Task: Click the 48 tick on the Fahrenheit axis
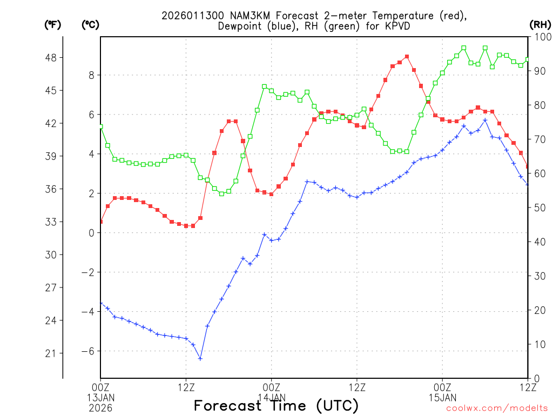pyautogui.click(x=55, y=57)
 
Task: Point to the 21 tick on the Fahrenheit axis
pyautogui.click(x=55, y=353)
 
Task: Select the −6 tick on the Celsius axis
pyautogui.click(x=87, y=351)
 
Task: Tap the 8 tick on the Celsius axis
pyautogui.click(x=92, y=75)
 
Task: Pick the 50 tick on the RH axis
pyautogui.click(x=538, y=207)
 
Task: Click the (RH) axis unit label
pyautogui.click(x=539, y=24)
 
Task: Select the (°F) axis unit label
pyautogui.click(x=52, y=24)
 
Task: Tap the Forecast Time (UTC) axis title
pyautogui.click(x=276, y=405)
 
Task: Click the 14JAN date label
pyautogui.click(x=272, y=397)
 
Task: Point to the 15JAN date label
pyautogui.click(x=442, y=397)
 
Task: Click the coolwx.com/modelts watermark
pyautogui.click(x=497, y=408)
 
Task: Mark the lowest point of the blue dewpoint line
pyautogui.click(x=200, y=358)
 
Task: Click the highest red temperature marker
pyautogui.click(x=407, y=56)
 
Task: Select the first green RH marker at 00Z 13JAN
pyautogui.click(x=100, y=126)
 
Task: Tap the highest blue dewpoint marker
pyautogui.click(x=485, y=120)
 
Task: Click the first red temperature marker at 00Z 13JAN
pyautogui.click(x=100, y=222)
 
